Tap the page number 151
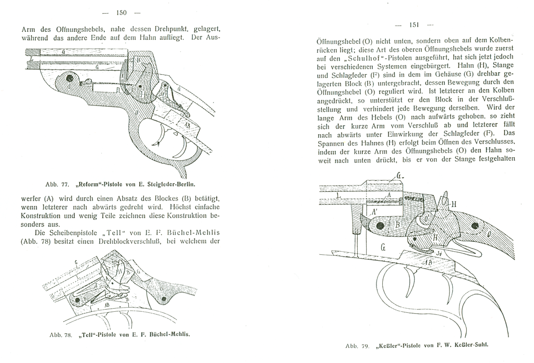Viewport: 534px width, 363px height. tap(415, 25)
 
